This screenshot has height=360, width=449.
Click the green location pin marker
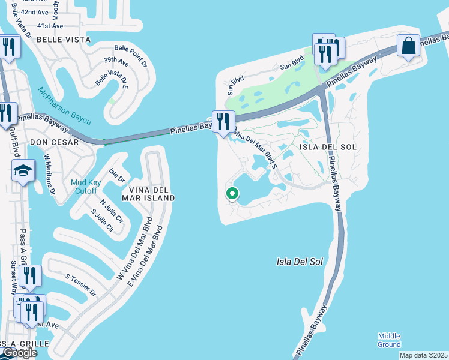(232, 194)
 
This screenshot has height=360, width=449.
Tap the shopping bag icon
(408, 46)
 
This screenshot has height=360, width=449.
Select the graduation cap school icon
(23, 172)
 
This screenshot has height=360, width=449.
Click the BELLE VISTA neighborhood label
(64, 40)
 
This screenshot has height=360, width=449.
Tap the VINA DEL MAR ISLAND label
(148, 193)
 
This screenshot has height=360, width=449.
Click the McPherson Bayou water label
(65, 106)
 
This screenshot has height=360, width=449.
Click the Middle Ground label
(389, 340)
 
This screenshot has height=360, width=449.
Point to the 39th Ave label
(116, 62)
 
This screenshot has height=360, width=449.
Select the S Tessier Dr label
(81, 285)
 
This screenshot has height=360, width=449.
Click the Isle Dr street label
(116, 175)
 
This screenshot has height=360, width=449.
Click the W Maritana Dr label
(49, 175)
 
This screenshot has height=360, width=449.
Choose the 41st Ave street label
(50, 26)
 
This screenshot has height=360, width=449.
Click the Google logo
(20, 353)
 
